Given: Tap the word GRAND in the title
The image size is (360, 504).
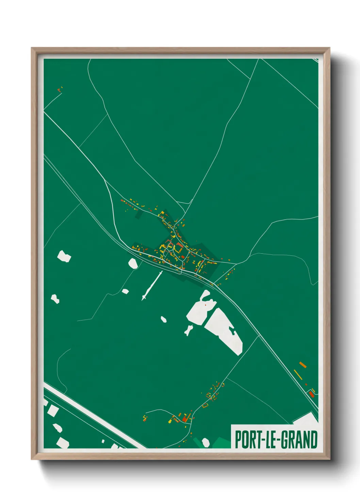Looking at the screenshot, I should click(299, 440).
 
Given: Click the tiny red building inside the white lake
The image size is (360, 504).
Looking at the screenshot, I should click(206, 305).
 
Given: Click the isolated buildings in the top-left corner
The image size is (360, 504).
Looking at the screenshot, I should click(60, 90).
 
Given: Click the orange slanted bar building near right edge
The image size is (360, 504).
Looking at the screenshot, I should click(302, 365).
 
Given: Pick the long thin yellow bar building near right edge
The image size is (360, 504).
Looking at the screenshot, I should click(298, 375).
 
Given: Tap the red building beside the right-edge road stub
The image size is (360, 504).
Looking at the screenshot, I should click(311, 394).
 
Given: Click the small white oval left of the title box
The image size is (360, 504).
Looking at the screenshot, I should click(206, 442).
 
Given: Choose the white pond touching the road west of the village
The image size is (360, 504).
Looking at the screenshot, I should click(133, 263).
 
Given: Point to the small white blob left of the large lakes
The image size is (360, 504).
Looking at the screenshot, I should click(164, 319).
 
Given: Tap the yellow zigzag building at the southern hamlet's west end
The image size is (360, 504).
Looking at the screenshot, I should click(145, 418).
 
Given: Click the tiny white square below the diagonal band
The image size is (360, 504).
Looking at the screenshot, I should click(103, 441).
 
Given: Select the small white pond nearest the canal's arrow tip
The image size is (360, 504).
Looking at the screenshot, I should click(125, 291).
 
